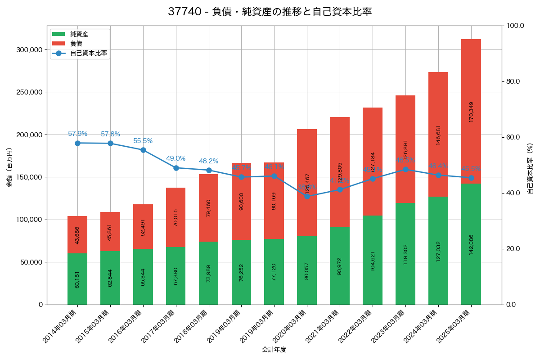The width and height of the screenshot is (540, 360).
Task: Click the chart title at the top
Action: pos(270,12)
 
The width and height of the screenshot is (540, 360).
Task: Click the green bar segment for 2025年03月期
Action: pos(471,244)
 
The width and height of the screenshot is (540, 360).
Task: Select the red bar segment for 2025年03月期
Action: pos(471,111)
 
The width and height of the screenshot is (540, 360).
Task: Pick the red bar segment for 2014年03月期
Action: pos(77,235)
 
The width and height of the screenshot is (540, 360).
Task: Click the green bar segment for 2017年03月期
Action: pos(175,276)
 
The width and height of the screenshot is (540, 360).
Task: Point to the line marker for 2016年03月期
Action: pos(143,150)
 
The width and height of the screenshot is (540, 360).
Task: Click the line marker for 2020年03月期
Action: pos(307,196)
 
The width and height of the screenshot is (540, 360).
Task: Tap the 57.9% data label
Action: pos(77,134)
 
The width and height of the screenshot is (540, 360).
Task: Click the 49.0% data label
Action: pos(175,158)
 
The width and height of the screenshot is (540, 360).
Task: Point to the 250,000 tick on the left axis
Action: pos(30,92)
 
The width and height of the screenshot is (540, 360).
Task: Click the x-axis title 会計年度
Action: pos(274,350)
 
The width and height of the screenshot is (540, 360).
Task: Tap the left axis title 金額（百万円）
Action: pos(9,167)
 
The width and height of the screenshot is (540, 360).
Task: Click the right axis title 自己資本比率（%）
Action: pos(530,168)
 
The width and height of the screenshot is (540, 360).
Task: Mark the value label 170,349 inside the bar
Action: pos(471,112)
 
